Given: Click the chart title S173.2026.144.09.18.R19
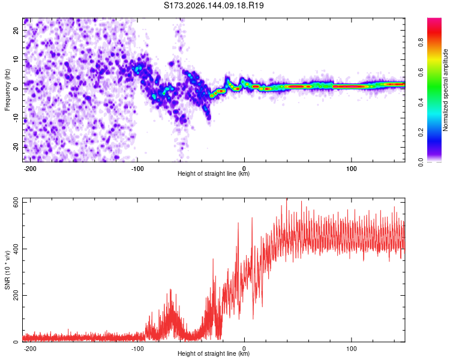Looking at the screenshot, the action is coord(214,5).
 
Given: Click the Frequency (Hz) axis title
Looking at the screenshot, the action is coord(7,90).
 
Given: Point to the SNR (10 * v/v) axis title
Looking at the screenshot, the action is coord(7,270).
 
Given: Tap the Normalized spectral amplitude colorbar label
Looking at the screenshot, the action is coord(445,90).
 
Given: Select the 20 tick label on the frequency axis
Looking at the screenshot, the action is coord(16,31).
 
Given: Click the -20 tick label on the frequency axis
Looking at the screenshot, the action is coord(16,148).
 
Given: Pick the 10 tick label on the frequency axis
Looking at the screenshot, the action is coord(16,60).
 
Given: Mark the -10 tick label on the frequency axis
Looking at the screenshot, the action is coord(16,118).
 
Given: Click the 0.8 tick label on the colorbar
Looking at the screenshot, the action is coord(421,43).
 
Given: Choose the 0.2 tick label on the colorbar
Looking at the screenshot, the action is coord(421,133).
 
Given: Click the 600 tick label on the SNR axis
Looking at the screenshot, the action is coord(16,203).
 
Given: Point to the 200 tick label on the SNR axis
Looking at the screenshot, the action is coord(16,295).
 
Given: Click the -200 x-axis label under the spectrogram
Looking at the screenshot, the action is coord(29,169).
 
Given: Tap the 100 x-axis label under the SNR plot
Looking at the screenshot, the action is coord(351,349).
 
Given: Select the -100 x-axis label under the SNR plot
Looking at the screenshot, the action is coord(137,349).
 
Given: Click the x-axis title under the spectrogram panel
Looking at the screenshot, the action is coord(214,173).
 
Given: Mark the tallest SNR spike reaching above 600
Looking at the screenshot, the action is coord(286,199).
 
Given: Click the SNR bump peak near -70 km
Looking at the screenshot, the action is coord(170,290).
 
